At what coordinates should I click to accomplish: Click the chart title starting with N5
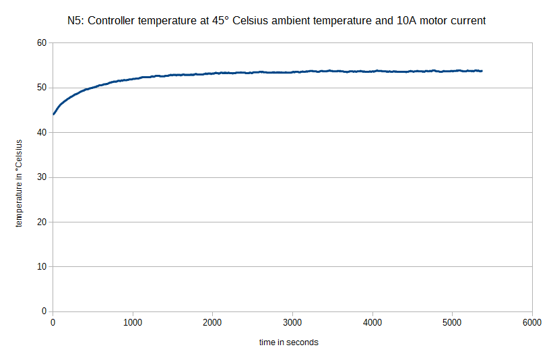[276, 21]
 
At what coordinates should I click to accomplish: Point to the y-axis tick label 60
[41, 43]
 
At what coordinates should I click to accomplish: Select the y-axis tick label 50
[41, 88]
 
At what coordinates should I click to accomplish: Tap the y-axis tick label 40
[41, 133]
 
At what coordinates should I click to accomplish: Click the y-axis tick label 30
[41, 177]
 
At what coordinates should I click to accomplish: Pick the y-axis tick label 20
[41, 222]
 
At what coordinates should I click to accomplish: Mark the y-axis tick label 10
[41, 267]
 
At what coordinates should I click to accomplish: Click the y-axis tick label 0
[44, 311]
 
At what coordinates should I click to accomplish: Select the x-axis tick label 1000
[133, 324]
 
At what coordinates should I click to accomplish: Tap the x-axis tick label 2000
[213, 324]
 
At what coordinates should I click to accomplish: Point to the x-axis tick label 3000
[292, 324]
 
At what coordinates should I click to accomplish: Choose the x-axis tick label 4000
[372, 324]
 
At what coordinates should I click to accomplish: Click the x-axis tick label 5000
[452, 324]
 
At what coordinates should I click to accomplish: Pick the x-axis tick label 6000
[532, 324]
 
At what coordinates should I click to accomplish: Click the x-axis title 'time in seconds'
[288, 342]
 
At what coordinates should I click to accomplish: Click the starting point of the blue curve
[53, 114]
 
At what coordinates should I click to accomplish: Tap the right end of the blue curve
[482, 71]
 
